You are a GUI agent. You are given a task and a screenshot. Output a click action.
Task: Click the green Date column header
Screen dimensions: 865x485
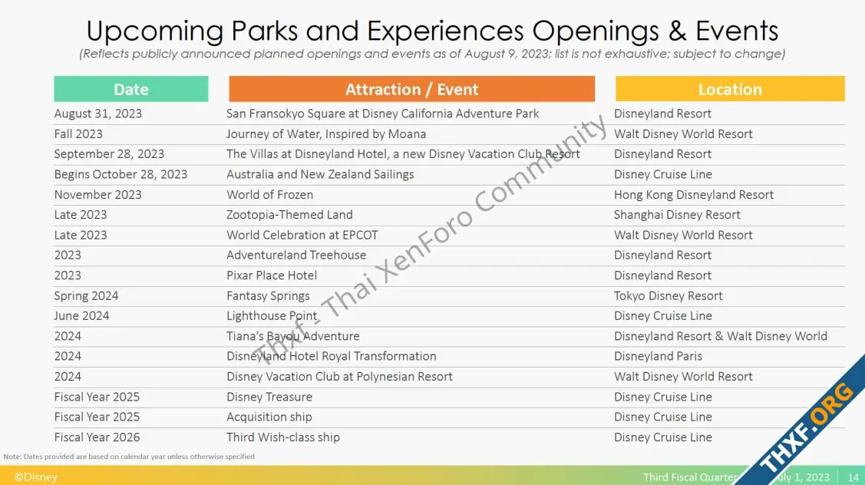tap(131, 89)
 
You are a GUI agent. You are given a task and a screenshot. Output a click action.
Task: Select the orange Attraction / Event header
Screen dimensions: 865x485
tap(411, 89)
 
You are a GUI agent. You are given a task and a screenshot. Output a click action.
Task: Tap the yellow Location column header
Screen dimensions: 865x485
tap(730, 89)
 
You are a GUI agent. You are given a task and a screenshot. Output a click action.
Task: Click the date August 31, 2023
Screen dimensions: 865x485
tap(98, 114)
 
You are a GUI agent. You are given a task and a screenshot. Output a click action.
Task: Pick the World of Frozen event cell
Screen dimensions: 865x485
tap(269, 195)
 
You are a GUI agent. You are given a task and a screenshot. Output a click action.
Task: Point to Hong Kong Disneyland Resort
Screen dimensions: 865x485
tap(693, 195)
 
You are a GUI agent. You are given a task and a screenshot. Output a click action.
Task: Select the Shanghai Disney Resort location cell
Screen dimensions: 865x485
tap(677, 215)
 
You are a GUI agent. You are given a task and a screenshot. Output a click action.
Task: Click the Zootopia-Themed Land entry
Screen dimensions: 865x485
tap(289, 215)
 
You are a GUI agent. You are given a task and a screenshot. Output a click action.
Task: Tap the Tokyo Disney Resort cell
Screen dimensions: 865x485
tap(668, 295)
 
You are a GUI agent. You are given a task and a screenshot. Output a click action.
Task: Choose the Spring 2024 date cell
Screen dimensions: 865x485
tap(86, 295)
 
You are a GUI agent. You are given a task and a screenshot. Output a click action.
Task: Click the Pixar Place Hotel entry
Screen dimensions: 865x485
tap(272, 275)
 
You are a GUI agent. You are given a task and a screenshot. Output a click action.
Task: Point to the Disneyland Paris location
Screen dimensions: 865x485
tap(658, 356)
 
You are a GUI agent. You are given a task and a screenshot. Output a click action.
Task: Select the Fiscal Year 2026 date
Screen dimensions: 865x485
tap(97, 437)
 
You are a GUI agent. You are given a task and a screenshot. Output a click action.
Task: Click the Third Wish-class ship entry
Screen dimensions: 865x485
tap(283, 437)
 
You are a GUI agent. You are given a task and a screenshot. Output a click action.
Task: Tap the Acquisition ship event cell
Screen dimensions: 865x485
tap(269, 417)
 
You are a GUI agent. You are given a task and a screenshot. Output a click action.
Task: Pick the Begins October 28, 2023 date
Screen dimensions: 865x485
tap(121, 174)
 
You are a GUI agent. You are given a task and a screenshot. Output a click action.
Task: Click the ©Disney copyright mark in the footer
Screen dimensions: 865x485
tap(35, 477)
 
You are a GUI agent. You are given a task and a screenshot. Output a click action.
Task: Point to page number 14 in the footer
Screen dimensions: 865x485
tap(853, 477)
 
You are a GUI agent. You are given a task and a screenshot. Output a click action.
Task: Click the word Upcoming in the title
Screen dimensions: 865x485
tap(155, 31)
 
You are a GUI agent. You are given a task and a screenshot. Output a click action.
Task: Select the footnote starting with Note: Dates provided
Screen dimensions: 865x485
tap(129, 457)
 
